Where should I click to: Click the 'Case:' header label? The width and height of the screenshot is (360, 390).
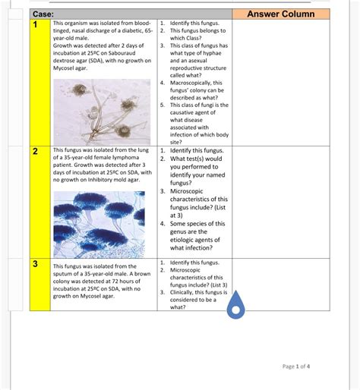pos(43,14)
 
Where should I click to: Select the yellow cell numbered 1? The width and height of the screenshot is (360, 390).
pos(35,25)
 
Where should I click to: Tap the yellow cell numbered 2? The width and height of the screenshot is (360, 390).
pos(35,152)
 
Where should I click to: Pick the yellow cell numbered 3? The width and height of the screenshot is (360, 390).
pos(35,264)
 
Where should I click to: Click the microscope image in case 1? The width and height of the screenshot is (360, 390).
pos(103,110)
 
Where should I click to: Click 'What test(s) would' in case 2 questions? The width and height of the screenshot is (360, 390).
pos(196,159)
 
